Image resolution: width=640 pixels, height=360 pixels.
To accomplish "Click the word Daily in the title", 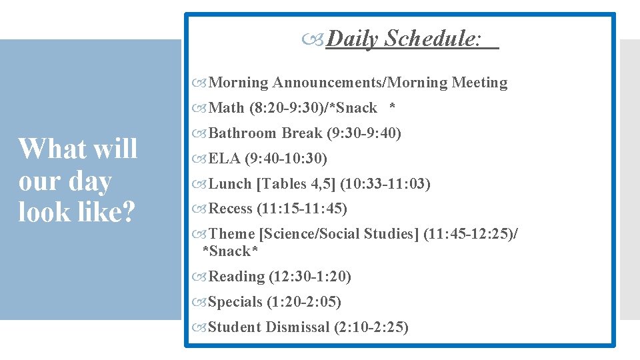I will pos(353,39).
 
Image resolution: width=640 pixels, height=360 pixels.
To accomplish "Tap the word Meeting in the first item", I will pos(479,83).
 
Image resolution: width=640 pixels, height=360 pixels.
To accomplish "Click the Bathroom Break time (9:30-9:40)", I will pos(364,133).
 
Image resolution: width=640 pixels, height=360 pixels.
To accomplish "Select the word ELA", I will pos(225,159).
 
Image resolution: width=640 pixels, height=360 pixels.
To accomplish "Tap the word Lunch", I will pos(230,184).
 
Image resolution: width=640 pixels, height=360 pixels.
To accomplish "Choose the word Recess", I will pos(231,209).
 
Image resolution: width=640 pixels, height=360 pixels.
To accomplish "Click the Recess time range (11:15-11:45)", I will pos(302,209).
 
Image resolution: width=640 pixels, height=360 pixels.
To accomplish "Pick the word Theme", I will pos(232,234).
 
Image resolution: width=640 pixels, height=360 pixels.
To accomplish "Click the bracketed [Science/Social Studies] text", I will pos(339,234).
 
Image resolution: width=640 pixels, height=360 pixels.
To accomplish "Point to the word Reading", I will pos(237,277).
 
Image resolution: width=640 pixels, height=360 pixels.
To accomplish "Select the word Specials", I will pos(235,302).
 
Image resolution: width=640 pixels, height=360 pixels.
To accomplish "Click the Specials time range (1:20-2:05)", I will pos(304,302).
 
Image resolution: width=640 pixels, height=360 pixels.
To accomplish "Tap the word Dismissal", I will pos(297,327).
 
